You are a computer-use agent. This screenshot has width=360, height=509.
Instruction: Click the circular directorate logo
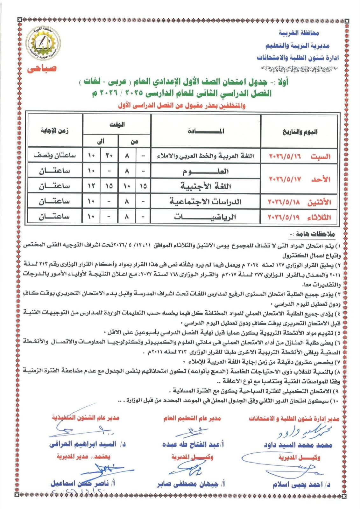coord(43,44)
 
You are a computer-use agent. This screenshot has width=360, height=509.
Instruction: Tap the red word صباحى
coord(42,69)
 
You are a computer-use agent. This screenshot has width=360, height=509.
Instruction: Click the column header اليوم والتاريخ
coord(300,131)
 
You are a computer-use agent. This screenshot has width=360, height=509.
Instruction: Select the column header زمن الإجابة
coord(55,131)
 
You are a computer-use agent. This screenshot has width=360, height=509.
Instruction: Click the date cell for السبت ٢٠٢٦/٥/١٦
coord(300,156)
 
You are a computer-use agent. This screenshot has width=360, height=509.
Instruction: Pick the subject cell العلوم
coord(206,171)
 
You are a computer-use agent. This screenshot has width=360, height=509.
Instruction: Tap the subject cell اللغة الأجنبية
coord(206,186)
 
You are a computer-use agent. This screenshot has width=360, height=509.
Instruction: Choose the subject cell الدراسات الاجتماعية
coord(206,201)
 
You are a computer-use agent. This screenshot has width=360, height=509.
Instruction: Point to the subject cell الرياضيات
coord(206,217)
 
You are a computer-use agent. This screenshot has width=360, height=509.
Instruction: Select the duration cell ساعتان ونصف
coord(55,156)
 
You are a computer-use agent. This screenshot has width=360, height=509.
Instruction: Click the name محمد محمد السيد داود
coord(298,445)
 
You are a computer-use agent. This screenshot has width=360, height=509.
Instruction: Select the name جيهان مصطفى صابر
coord(191,484)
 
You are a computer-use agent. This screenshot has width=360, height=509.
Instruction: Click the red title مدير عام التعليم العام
coord(192,418)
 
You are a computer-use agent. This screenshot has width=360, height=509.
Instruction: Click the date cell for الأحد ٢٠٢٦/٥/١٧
coord(300,179)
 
